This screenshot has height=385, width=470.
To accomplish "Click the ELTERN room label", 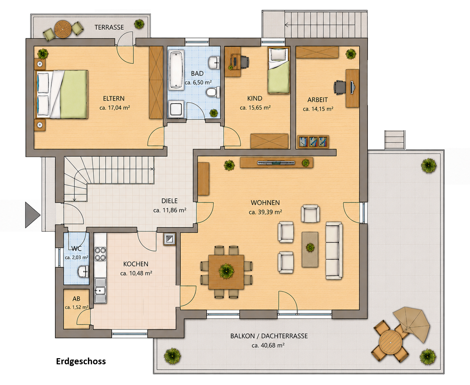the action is pos(114,98).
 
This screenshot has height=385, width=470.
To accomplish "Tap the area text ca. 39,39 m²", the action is pos(265,212).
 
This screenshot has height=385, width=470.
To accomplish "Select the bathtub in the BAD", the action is pos(176,70).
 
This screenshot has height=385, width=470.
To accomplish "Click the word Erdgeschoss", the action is pos(81,361).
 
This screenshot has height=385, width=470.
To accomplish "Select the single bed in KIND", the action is pos(279,71).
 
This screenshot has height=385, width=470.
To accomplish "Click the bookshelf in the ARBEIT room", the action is pos(313,141).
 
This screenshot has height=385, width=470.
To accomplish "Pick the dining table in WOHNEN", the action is pos(226,272).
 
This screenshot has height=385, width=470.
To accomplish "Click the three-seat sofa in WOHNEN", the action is pos(334,251).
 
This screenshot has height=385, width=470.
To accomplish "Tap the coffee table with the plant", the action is pos(310,249).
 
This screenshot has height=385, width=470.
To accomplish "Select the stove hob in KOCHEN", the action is pos(100,254).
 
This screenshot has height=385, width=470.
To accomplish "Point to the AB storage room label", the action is pos(76,299).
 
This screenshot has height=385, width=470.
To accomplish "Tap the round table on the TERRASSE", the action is pos(63,29).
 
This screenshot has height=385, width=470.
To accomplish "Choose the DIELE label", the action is pos(169,201).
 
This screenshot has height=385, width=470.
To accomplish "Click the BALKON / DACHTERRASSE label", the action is pos(269,336).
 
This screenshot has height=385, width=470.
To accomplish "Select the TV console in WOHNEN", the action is pos(276,162).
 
